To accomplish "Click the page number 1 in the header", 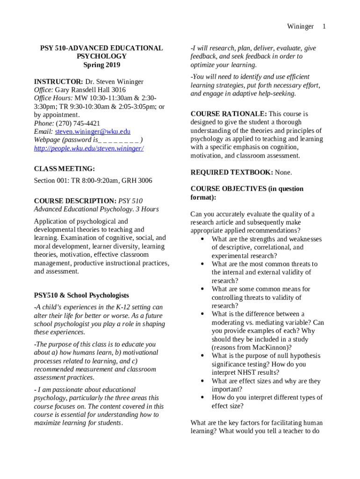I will (324, 27).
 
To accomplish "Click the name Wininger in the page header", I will (300, 27).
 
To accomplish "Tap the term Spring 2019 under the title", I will (101, 65).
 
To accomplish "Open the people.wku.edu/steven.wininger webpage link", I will (89, 148).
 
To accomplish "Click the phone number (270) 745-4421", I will (78, 123).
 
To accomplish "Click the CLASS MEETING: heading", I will (65, 168).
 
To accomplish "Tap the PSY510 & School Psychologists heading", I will (81, 295).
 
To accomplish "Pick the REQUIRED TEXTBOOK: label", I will (231, 172).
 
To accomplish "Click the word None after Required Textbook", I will (283, 172).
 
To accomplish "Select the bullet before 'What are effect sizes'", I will (202, 381).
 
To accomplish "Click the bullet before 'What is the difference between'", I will (202, 314).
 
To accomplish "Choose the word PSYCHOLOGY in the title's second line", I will (101, 56).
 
